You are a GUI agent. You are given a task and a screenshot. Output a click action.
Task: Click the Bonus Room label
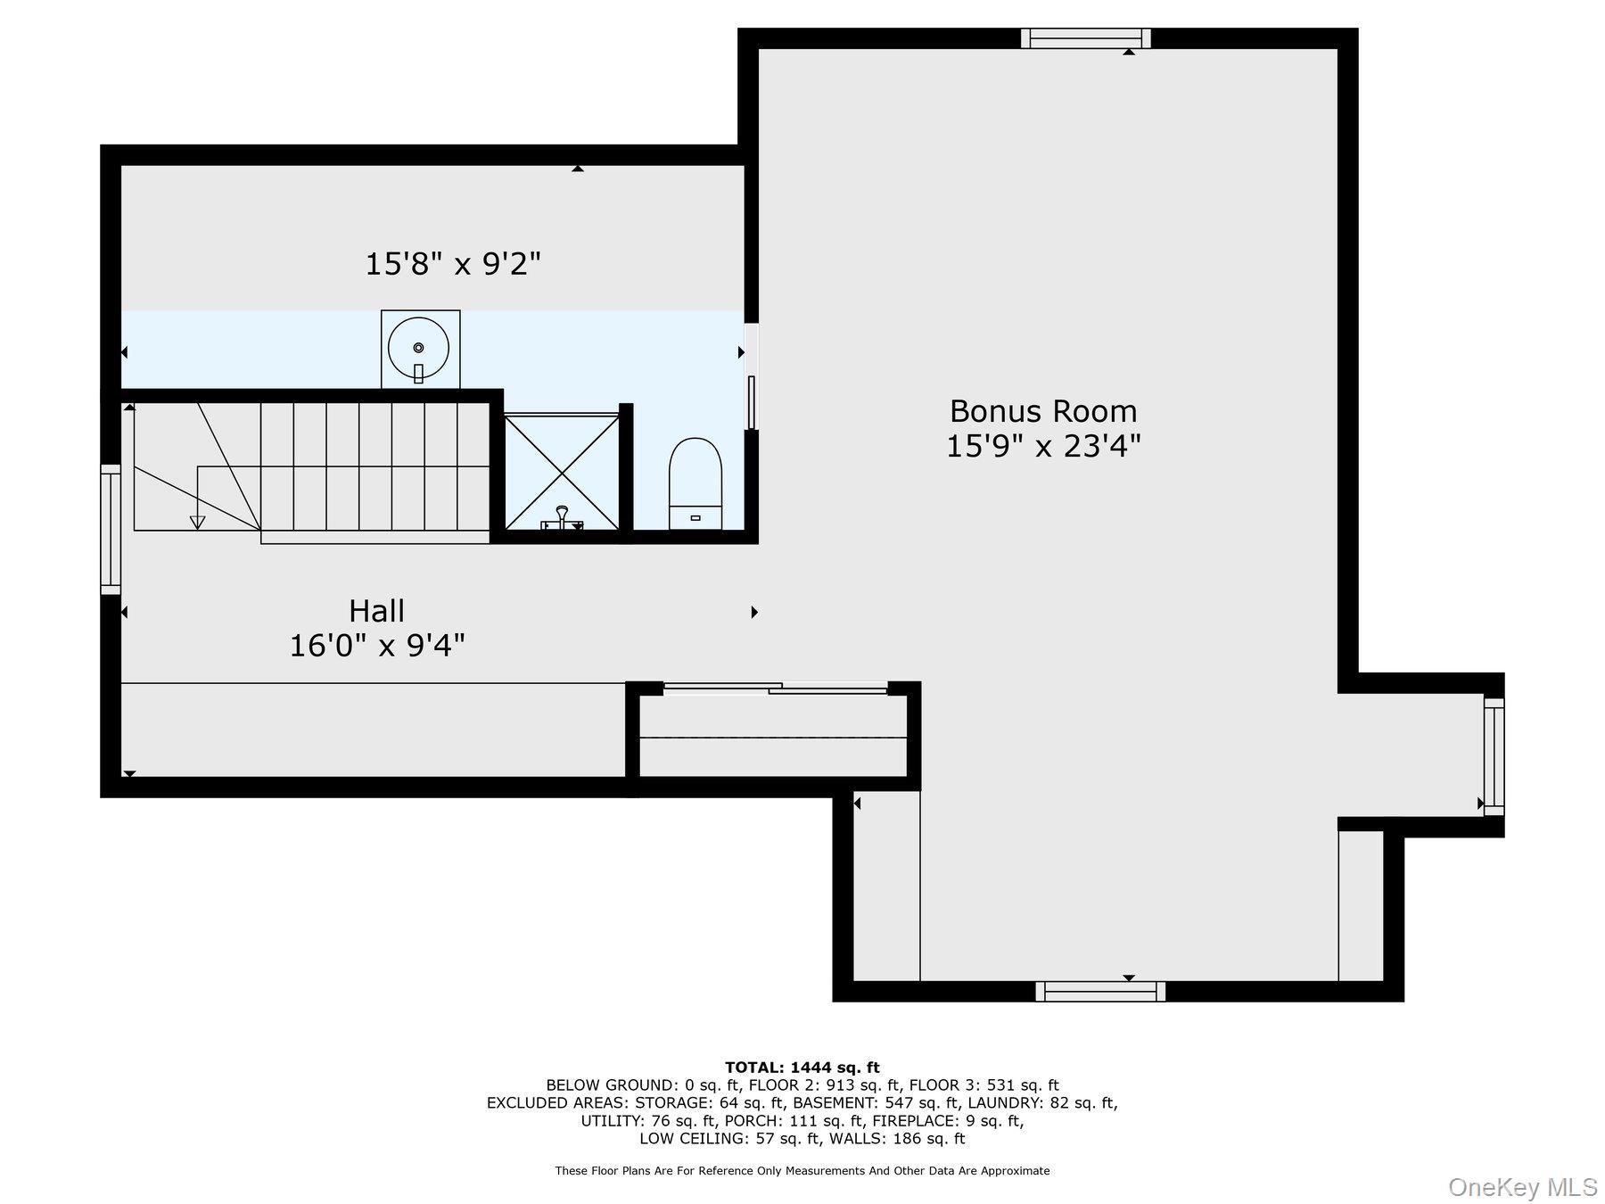pos(1043,411)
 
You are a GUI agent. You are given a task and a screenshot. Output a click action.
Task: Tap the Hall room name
pos(376,611)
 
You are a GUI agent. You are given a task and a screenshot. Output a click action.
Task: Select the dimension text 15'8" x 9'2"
pos(453,264)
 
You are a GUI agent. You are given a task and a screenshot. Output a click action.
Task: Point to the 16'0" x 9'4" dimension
pos(377,645)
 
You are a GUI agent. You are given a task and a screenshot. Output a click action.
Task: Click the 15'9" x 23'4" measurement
pos(1043,445)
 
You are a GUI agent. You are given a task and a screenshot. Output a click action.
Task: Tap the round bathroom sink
pos(419,348)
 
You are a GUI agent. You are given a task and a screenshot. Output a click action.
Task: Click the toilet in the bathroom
pos(695,483)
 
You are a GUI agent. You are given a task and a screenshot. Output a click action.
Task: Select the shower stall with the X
pos(562,472)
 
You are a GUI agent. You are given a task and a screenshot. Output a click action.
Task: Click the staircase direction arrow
pos(198,522)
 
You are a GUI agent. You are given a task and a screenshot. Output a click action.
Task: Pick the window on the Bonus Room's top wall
pos(1085,38)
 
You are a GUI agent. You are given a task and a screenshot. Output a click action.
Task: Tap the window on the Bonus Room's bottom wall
pos(1100,991)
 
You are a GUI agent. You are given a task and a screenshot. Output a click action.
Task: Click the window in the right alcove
pos(1494,756)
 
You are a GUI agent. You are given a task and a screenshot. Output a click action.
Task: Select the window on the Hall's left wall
pos(111,529)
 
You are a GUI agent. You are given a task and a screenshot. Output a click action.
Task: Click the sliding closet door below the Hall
pos(775,688)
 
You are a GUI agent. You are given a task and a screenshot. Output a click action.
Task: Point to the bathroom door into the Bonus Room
pos(752,402)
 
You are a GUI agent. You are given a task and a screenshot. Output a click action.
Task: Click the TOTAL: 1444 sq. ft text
pos(802,1067)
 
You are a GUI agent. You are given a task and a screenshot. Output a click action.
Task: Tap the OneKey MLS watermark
pos(1523,1187)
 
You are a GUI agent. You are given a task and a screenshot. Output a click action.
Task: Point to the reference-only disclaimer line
pos(802,1171)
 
